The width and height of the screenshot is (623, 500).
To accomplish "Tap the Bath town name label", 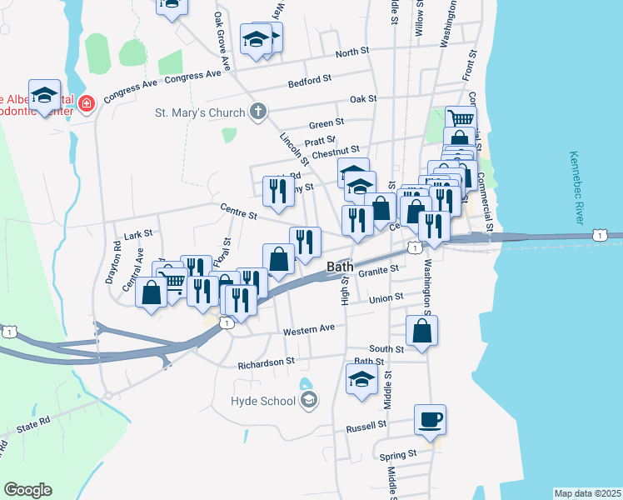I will (x=340, y=267).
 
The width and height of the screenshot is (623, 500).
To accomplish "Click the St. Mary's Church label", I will (x=200, y=112).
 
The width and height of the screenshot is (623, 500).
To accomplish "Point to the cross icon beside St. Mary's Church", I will (x=258, y=112).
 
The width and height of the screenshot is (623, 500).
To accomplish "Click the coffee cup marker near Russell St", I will (x=431, y=419).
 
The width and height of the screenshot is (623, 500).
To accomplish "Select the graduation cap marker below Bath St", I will (x=361, y=378).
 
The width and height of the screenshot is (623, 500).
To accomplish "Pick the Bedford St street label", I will (x=310, y=81).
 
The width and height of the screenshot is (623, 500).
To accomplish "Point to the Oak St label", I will (x=363, y=98).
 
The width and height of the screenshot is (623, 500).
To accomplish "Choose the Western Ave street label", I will (x=308, y=328).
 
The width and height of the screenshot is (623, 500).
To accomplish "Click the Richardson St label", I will (x=267, y=362).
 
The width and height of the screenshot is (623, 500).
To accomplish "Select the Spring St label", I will (x=398, y=455).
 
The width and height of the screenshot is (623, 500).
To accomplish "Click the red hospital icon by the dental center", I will (x=87, y=104).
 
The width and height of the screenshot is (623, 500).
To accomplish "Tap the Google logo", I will (x=27, y=490).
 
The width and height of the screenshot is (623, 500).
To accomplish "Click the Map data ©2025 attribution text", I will (x=587, y=493).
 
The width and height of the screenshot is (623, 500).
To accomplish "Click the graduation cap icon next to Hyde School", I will (x=309, y=401).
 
